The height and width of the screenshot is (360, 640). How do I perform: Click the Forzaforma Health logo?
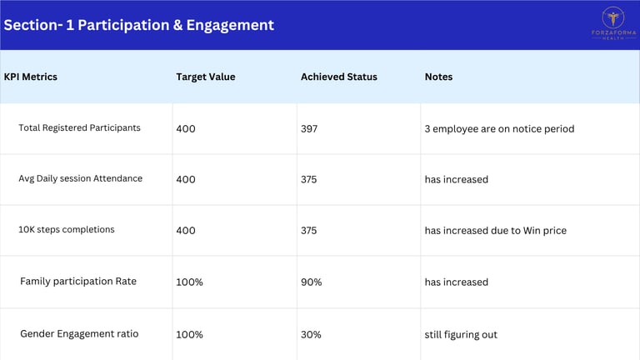click(613, 23)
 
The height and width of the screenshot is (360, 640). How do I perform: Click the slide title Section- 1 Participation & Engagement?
click(139, 25)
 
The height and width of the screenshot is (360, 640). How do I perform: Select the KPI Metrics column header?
click(31, 77)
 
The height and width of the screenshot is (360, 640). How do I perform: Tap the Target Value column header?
click(206, 77)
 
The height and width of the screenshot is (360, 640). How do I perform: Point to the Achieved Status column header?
click(339, 77)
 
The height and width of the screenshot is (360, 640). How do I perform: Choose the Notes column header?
click(439, 77)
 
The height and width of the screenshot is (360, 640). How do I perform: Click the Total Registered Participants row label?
click(80, 127)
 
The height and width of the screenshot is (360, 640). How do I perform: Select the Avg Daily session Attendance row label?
click(80, 178)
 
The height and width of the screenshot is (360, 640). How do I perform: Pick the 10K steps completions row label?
click(67, 229)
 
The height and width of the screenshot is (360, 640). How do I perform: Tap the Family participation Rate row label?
click(78, 281)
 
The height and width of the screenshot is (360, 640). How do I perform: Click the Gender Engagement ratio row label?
click(79, 334)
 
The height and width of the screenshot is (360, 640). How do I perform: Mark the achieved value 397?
click(309, 129)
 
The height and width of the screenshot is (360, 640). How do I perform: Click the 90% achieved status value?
click(312, 282)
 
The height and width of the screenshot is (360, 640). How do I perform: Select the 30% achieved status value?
click(311, 335)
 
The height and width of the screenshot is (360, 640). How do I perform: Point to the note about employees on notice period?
click(500, 129)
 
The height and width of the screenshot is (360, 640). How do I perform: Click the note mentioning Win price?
click(496, 231)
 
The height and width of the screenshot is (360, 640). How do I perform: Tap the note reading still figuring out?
click(461, 335)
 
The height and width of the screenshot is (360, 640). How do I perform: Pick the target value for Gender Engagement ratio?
click(189, 335)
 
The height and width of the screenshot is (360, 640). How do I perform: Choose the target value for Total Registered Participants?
click(186, 129)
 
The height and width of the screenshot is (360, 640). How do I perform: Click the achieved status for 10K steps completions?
click(309, 231)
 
